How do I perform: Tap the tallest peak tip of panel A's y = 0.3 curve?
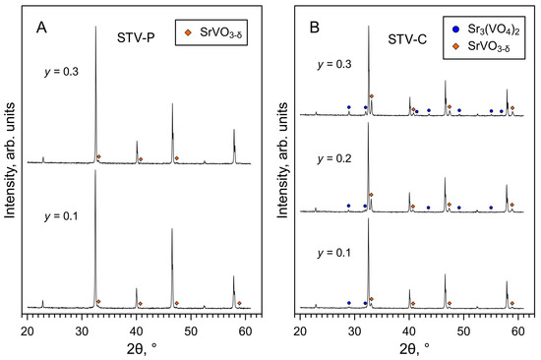95,28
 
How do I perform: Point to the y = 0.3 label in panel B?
334,65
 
